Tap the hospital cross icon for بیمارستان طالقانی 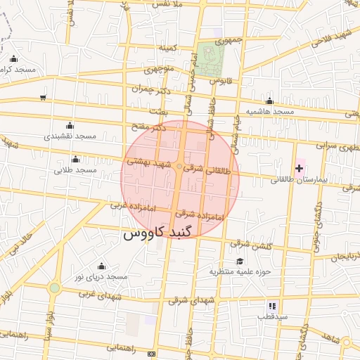300,168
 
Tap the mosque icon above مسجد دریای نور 101,266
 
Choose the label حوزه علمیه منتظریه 245,271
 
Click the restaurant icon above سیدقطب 272,306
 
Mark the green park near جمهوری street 208,59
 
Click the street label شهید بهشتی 148,162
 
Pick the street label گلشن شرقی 251,244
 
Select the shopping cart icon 44,97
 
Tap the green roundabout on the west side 55,288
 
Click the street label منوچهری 159,70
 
